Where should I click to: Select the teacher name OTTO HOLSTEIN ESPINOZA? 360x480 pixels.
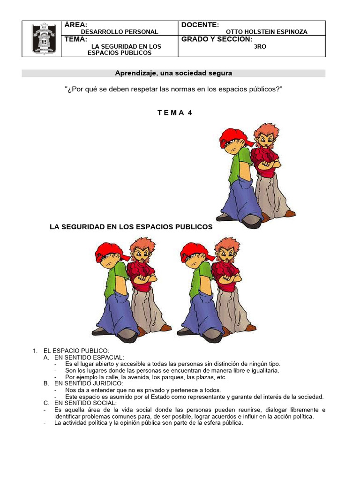[267, 32]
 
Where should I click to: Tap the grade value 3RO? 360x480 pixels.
[260, 46]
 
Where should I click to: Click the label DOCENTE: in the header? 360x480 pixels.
[200, 25]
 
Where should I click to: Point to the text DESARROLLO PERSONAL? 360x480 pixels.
[120, 32]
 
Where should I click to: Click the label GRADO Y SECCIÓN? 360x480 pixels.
[217, 39]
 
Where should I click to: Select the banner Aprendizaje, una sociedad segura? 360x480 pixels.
[173, 73]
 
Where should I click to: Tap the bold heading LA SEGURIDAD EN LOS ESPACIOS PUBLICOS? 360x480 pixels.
[131, 227]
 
